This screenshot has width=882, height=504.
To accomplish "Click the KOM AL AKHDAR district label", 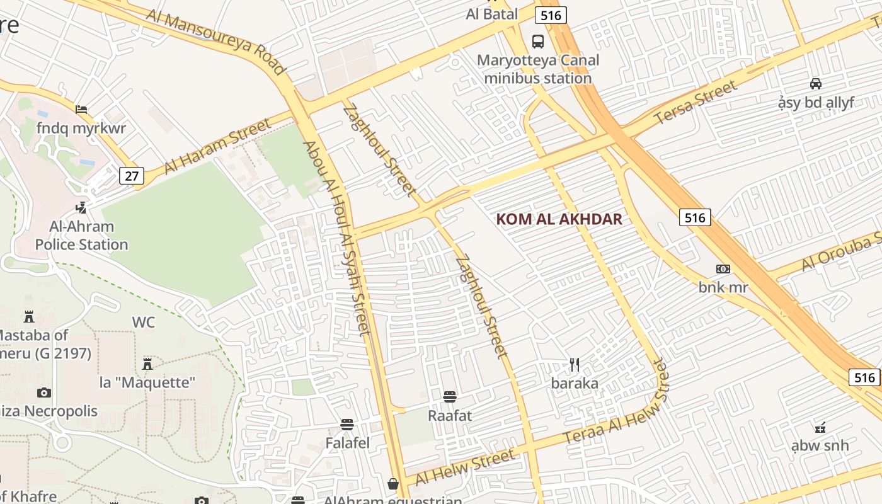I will (559, 219).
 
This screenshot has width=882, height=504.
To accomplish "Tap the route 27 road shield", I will (132, 175).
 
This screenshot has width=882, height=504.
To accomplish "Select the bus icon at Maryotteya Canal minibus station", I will (538, 42).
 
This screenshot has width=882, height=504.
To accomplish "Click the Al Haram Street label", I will (217, 146).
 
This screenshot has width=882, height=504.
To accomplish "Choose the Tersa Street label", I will (696, 103).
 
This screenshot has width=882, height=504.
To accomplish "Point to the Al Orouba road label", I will (842, 251).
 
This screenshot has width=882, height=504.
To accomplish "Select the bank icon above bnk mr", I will (723, 269).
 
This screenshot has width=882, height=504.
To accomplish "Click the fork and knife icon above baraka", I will (574, 365).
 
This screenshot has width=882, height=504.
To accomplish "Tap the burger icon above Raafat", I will (449, 397).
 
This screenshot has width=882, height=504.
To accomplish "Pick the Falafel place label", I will (347, 443).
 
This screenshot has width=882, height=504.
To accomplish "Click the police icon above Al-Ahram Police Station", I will (81, 207).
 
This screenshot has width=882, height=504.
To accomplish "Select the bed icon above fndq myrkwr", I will (81, 110).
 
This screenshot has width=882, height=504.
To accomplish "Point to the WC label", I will (143, 322).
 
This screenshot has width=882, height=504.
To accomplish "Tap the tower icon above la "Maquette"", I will (147, 364).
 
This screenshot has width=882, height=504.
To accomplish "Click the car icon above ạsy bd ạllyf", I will (815, 84).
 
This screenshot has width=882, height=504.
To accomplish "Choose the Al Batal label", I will (491, 14).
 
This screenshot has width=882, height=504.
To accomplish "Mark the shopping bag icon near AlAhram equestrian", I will (393, 484).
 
